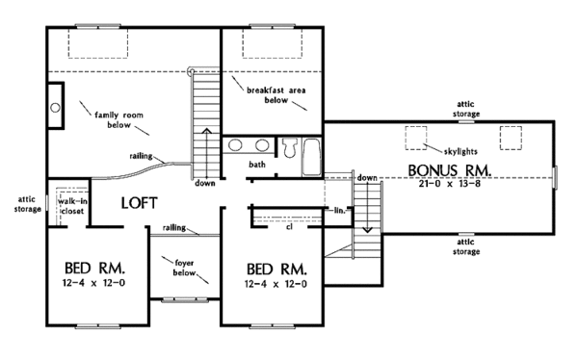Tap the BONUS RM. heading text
450,169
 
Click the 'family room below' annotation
113,120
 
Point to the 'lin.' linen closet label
339,209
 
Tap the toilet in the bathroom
289,147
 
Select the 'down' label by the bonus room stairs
366,178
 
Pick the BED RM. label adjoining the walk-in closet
85,267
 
